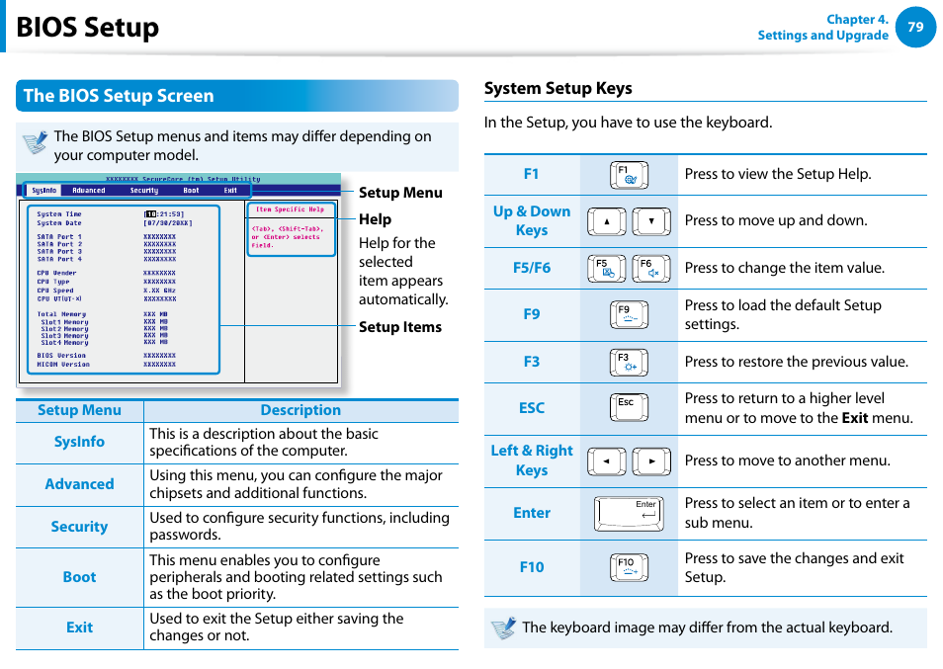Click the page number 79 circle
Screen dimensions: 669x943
point(915,28)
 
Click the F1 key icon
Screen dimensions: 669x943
point(629,175)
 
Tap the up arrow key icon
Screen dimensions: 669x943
point(606,221)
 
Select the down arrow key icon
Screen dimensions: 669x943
point(651,221)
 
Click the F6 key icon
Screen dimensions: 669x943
point(650,269)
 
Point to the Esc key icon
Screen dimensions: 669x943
point(629,408)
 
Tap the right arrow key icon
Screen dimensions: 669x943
point(651,461)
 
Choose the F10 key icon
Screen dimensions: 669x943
point(629,567)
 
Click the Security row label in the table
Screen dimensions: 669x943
point(79,527)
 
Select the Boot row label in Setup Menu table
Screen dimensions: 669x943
point(79,577)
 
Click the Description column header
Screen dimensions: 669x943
point(300,410)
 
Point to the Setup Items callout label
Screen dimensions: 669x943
point(399,327)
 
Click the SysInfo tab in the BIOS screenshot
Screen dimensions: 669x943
point(43,191)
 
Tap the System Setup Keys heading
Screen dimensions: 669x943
point(557,88)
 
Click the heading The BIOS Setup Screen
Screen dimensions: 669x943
point(119,96)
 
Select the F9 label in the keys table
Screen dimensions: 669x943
point(532,314)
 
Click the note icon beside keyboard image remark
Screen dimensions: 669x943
point(504,627)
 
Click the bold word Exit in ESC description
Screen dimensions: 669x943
point(854,418)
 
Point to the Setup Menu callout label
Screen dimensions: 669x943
point(399,193)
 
